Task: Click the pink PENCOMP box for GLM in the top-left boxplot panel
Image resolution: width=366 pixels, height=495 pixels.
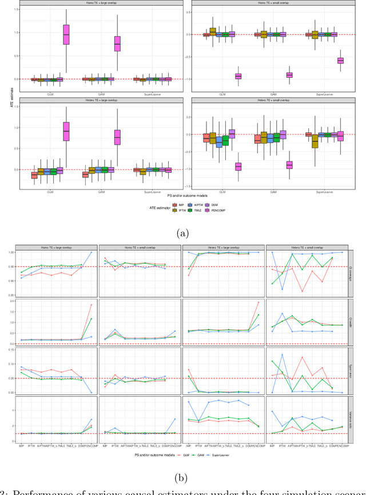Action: click(66, 34)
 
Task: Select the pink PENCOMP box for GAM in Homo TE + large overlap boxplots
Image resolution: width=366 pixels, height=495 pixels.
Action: click(118, 43)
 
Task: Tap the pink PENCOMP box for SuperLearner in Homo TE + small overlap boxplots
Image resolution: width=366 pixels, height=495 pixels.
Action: click(340, 60)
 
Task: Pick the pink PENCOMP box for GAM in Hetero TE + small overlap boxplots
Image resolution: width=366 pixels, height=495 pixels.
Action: click(289, 165)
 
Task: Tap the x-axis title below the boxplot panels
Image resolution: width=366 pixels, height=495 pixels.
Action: click(183, 195)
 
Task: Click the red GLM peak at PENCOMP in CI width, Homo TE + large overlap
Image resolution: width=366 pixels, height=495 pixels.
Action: click(91, 304)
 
